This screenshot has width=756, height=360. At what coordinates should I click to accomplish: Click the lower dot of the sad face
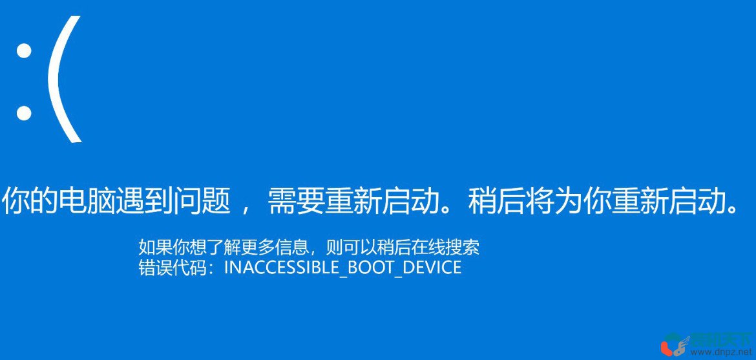24,113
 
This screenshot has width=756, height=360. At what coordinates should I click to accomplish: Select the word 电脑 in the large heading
88,201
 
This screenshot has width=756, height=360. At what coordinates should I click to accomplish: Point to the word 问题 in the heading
203,201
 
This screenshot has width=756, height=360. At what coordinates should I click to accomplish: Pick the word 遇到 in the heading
145,201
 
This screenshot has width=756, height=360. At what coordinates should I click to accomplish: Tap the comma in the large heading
245,208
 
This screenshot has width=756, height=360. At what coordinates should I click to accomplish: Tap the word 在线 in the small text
428,247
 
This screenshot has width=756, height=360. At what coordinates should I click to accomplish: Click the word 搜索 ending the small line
463,247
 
